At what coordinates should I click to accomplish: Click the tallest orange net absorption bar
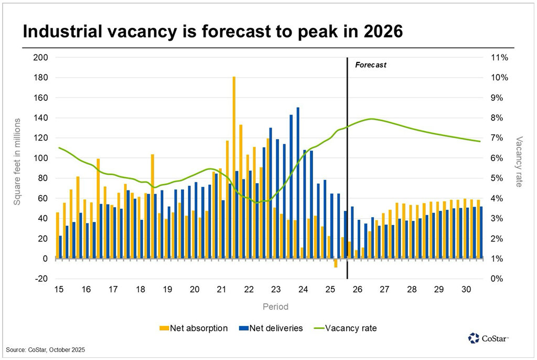tap(234, 167)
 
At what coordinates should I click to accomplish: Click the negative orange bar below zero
tap(336, 263)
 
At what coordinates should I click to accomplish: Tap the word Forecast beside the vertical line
tap(371, 65)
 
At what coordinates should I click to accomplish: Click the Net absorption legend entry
tap(194, 329)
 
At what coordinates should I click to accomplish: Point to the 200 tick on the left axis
tap(40, 57)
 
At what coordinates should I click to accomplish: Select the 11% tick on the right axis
tap(499, 57)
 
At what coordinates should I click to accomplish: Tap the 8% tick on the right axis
tap(499, 118)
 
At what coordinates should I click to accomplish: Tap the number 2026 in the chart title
tap(377, 31)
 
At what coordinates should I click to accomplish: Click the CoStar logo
tap(488, 338)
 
